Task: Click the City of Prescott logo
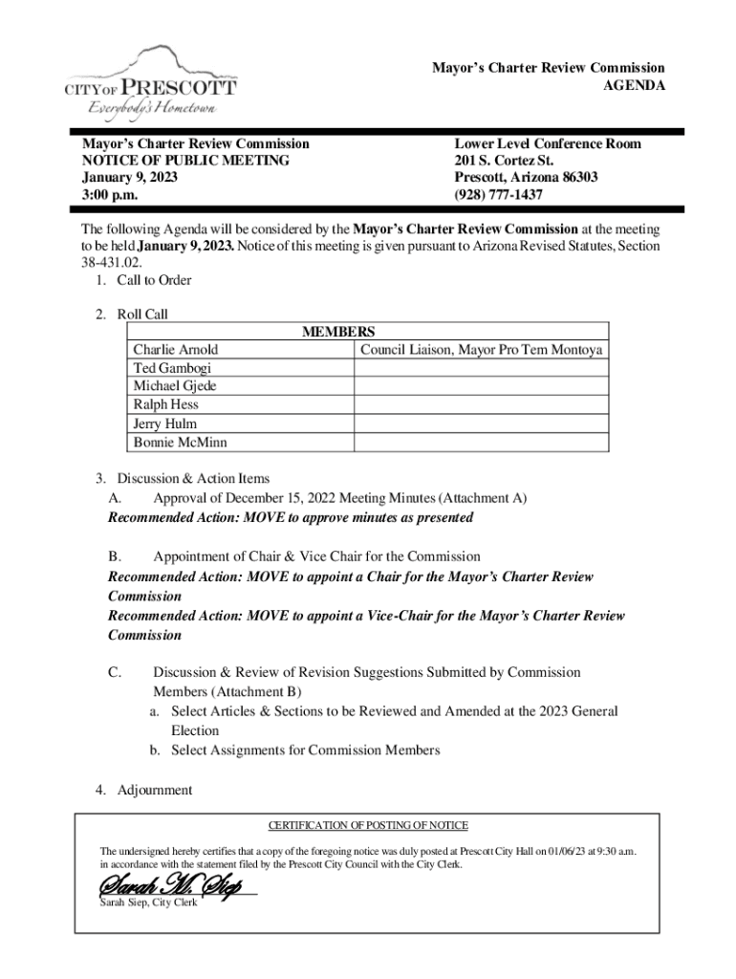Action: pos(150,82)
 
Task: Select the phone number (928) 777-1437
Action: pos(498,194)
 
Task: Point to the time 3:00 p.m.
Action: pos(109,194)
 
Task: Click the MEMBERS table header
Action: pos(338,332)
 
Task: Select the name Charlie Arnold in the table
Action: pos(176,350)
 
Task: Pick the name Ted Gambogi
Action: pos(172,368)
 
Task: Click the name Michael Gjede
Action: pos(175,386)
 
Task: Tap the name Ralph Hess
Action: pos(166,404)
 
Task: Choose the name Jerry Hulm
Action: pos(165,424)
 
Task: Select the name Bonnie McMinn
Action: pos(181,442)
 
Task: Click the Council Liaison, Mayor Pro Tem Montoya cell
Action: pos(481,350)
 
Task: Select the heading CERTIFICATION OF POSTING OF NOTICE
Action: pos(368,825)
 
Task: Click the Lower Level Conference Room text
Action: pos(548,143)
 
